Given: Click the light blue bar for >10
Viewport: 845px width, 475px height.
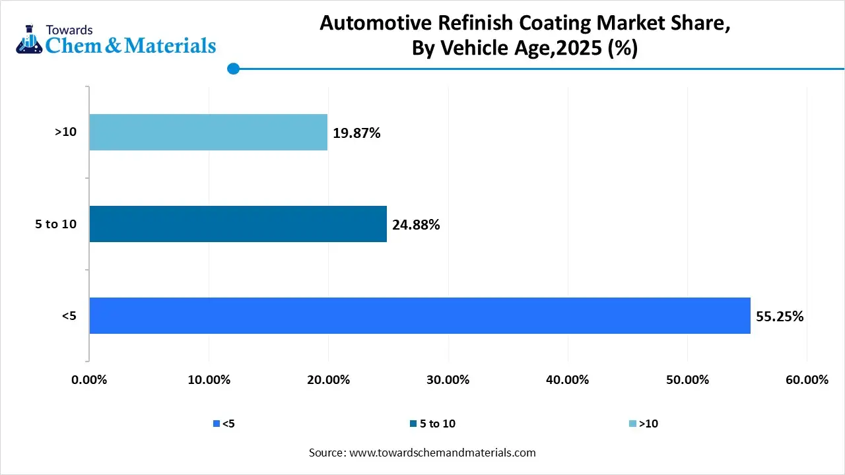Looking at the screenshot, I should point(208,132).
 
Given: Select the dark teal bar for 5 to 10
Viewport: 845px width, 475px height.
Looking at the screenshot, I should point(238,224).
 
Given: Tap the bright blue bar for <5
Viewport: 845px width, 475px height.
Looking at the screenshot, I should point(419,315).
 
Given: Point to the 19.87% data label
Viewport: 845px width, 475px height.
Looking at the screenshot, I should point(356,133).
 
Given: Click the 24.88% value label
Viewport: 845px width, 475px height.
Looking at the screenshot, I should point(416,224).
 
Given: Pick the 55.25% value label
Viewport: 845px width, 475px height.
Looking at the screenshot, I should point(780,316).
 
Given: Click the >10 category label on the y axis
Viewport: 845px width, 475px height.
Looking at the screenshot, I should point(65,132).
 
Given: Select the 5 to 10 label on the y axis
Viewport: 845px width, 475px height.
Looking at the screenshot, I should point(55,224).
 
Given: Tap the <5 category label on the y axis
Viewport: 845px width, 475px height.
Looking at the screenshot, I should point(69,316).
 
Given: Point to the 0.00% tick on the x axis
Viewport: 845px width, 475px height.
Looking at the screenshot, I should point(88,380).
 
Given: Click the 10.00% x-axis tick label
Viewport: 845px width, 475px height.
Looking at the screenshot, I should point(209,380).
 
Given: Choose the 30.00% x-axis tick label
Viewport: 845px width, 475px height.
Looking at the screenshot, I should point(448,380).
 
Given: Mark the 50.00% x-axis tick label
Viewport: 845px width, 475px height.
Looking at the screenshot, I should point(687,380).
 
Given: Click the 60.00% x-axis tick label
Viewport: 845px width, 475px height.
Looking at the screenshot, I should point(807,380).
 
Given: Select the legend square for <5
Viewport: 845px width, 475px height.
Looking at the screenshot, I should point(216,424).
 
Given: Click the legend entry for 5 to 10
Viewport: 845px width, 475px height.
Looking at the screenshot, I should point(432,424).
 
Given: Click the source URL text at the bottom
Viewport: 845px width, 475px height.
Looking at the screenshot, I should point(422,453).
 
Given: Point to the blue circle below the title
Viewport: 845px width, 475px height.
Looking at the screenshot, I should point(232,69).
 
